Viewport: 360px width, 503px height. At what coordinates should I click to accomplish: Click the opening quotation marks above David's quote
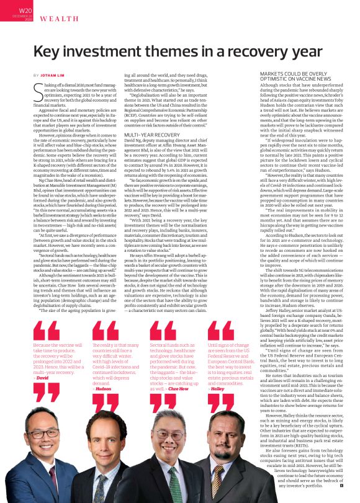click(46, 330)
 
